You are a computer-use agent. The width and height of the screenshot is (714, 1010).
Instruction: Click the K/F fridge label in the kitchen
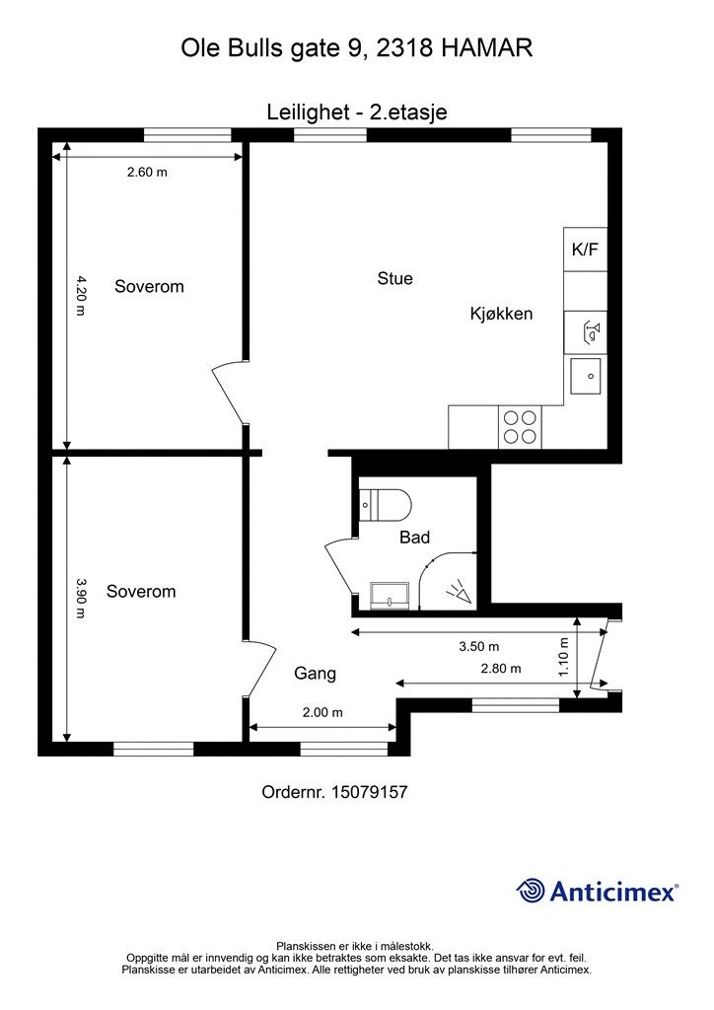[585, 250]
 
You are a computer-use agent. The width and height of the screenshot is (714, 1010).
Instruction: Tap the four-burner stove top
[520, 426]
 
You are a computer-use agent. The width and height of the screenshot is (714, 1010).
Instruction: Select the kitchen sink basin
[585, 376]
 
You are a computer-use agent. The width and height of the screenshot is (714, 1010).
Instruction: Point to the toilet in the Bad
[385, 504]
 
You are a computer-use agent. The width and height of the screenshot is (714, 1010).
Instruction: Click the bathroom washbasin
[390, 595]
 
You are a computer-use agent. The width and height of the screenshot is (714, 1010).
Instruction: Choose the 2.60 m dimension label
[147, 172]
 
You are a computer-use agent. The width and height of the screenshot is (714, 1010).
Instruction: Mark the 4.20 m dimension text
[81, 296]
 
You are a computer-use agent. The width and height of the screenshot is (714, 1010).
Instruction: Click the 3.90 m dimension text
[81, 598]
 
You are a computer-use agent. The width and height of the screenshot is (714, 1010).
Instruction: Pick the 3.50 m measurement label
[479, 646]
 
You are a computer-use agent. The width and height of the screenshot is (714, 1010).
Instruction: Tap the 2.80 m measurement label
[501, 668]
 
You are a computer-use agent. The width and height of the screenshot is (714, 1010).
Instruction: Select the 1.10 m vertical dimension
[564, 657]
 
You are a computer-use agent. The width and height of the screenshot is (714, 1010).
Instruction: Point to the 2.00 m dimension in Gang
[322, 712]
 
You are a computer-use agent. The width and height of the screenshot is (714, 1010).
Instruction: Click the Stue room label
[394, 278]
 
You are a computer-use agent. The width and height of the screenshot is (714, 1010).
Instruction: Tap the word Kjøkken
[501, 314]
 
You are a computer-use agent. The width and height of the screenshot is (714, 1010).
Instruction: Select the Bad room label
[414, 538]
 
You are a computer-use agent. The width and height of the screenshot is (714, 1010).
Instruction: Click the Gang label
[315, 674]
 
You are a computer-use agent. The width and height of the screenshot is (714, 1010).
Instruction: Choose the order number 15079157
[370, 792]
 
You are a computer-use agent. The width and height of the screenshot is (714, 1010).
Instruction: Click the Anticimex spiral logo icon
[532, 892]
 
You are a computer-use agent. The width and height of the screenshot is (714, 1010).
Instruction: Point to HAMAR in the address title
[487, 48]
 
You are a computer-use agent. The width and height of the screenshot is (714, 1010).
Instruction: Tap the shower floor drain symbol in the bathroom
[460, 592]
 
